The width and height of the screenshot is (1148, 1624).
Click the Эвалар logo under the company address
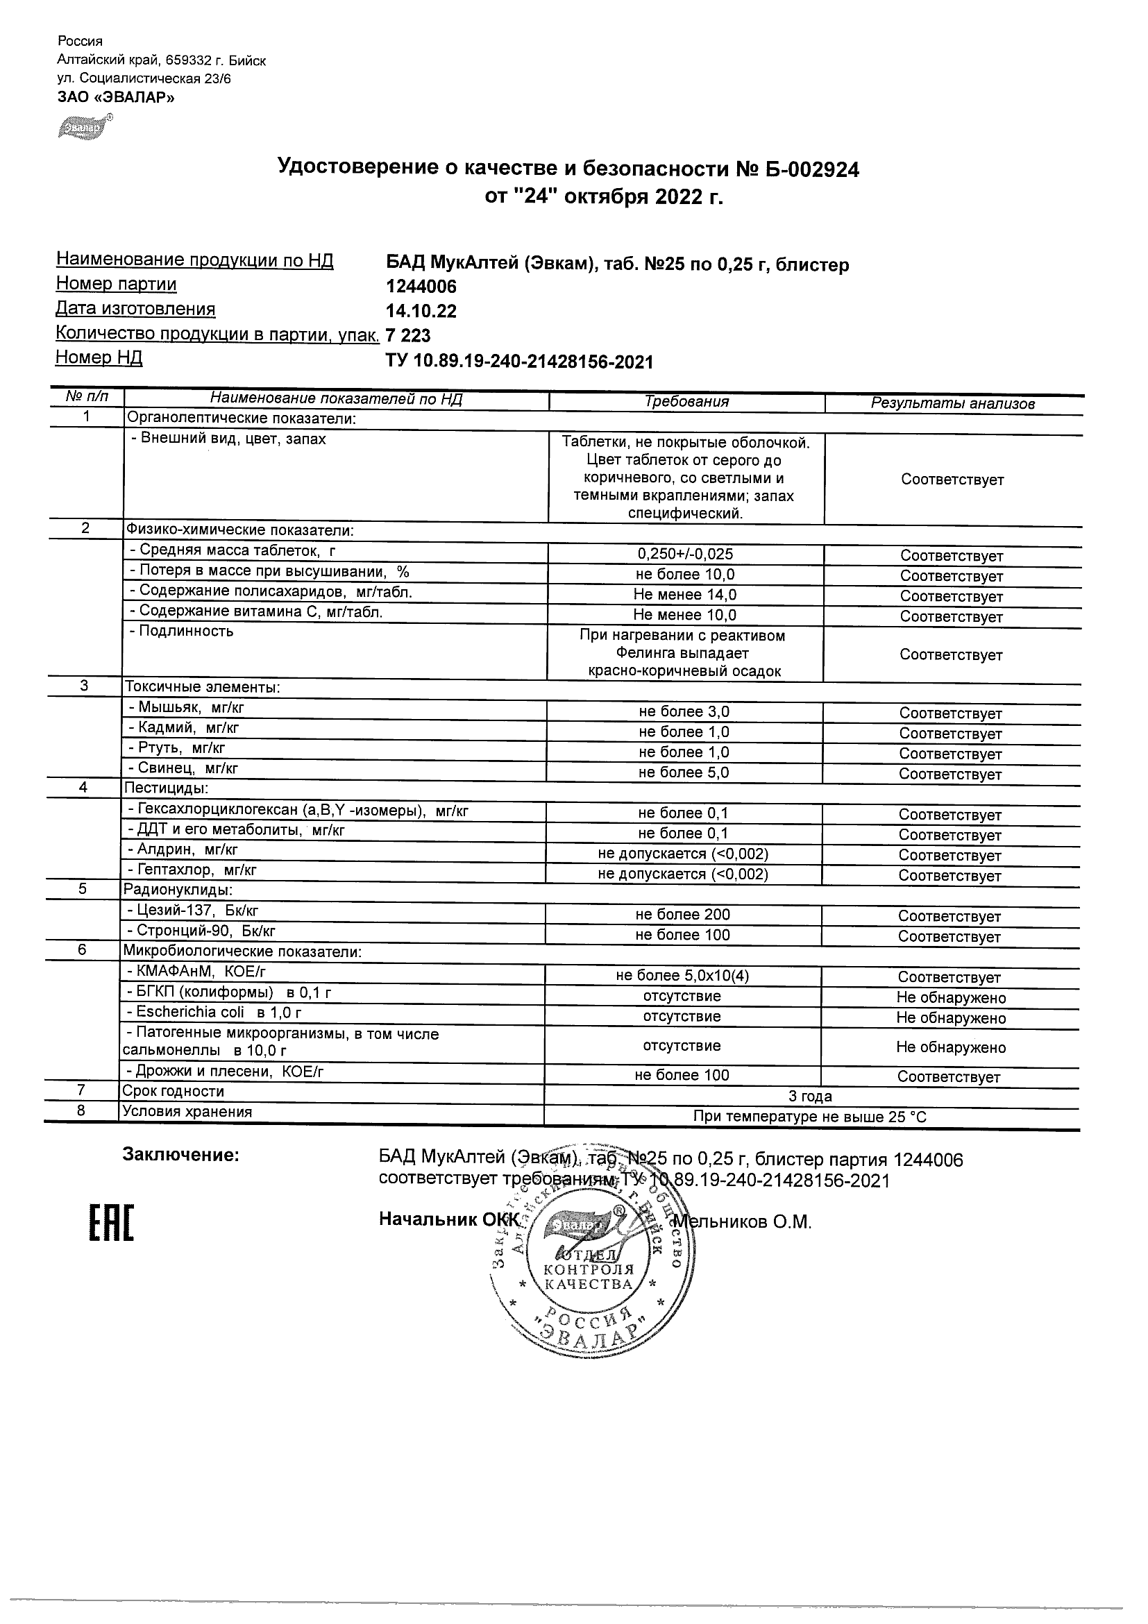(84, 128)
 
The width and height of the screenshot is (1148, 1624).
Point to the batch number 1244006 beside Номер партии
(421, 287)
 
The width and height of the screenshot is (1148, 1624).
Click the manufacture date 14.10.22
(421, 311)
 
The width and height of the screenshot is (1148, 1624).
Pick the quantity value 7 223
(408, 335)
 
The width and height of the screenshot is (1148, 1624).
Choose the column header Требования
(686, 402)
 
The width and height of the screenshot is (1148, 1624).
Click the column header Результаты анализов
(952, 403)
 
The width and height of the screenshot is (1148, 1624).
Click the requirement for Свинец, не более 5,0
(683, 772)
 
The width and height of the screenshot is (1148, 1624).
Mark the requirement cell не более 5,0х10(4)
(682, 976)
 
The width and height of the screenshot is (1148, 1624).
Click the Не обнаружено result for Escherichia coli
(951, 1018)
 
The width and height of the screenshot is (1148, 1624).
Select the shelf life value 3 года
(810, 1097)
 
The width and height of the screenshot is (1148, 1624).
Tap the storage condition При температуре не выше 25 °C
(810, 1117)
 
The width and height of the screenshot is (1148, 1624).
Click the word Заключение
(181, 1155)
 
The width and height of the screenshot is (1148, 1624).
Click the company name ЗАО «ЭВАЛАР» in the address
(115, 97)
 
